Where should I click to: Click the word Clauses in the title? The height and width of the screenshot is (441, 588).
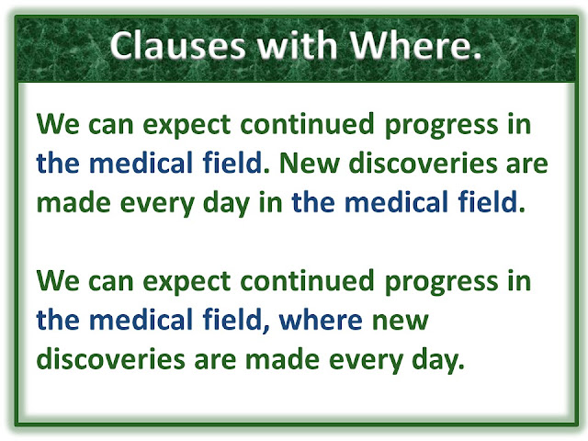(x=177, y=45)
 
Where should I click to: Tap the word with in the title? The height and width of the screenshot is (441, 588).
(x=297, y=45)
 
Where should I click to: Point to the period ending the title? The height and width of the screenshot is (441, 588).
(x=477, y=55)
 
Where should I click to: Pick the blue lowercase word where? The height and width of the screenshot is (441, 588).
(x=321, y=320)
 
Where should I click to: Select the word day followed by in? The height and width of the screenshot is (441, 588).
(x=226, y=204)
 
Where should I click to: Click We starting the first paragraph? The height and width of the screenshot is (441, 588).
(x=58, y=124)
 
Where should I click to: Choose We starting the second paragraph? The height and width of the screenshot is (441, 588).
(x=58, y=281)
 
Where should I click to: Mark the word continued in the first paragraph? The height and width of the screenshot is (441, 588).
(x=308, y=124)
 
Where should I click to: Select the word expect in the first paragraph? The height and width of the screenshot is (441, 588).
(x=187, y=126)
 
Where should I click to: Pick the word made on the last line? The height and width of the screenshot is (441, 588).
(x=282, y=359)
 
